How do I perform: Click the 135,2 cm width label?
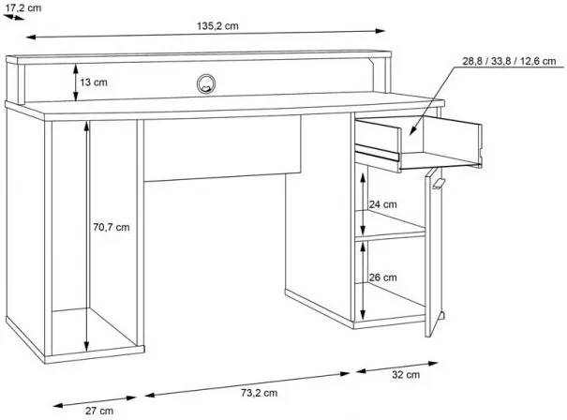click(x=217, y=26)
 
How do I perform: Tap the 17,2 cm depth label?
click(x=23, y=7)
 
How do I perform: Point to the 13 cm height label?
click(x=94, y=82)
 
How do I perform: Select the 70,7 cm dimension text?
click(x=111, y=227)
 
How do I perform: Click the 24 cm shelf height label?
click(x=382, y=204)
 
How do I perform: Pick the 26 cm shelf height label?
click(x=382, y=277)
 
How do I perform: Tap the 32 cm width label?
click(x=406, y=374)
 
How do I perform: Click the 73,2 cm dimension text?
click(x=260, y=393)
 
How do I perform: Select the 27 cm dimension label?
click(x=99, y=411)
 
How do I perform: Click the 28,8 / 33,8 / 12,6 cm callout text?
click(x=509, y=61)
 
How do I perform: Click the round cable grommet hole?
click(x=206, y=84)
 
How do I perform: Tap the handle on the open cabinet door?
click(x=438, y=184)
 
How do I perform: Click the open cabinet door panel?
click(x=433, y=252)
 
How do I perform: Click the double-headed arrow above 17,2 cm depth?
click(x=13, y=17)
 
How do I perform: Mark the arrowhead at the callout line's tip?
click(x=412, y=131)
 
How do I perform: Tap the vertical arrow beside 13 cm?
click(x=76, y=82)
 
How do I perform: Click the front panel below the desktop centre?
click(x=222, y=148)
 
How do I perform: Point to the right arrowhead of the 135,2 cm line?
click(x=380, y=31)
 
